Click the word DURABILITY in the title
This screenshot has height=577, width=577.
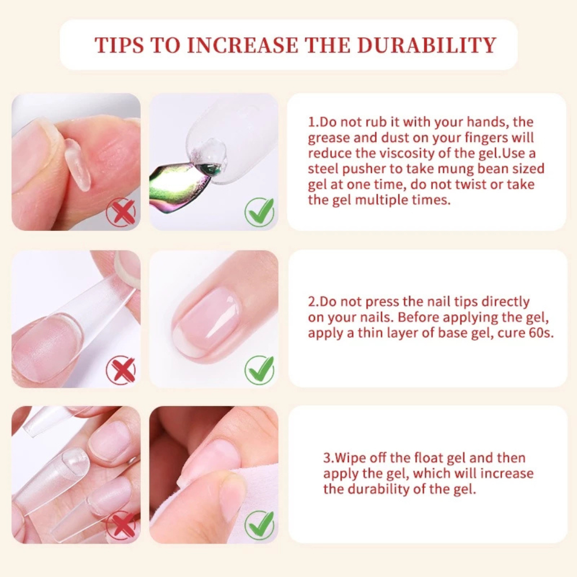click(x=427, y=45)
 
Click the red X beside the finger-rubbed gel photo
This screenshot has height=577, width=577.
click(x=121, y=212)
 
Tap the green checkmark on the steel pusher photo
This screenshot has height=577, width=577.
click(x=260, y=212)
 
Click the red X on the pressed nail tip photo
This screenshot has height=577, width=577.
click(x=121, y=370)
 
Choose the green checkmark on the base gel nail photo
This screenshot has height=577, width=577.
click(x=260, y=370)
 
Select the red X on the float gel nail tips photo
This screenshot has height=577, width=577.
click(x=121, y=526)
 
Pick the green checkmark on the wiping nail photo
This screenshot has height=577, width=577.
click(x=260, y=526)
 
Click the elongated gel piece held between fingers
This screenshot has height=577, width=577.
click(x=77, y=165)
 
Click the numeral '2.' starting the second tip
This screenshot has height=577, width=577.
click(x=313, y=302)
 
